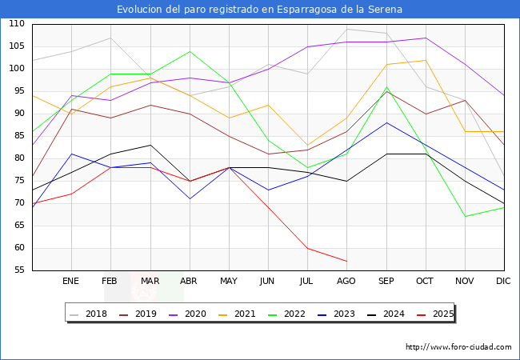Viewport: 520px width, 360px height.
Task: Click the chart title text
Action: click(x=259, y=10)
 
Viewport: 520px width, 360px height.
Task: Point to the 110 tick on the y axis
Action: click(x=16, y=24)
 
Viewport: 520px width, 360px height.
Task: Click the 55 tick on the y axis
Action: click(x=18, y=270)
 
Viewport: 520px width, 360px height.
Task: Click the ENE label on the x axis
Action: click(x=70, y=281)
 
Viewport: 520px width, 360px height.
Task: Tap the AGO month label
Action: click(x=346, y=281)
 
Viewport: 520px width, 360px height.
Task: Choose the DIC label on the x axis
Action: click(x=503, y=281)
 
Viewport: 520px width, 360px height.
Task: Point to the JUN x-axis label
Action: click(x=267, y=281)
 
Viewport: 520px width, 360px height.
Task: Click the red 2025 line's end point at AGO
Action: click(x=346, y=261)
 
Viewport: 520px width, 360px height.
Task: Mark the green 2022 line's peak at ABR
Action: click(x=189, y=51)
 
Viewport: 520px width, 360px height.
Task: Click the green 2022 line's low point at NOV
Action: click(x=464, y=216)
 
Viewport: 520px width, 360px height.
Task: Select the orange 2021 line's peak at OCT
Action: click(x=425, y=60)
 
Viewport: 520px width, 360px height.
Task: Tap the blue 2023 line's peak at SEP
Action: click(x=386, y=122)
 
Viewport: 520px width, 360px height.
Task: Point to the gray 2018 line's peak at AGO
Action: click(x=346, y=29)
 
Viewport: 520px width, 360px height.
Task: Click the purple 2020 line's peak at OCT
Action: click(x=425, y=38)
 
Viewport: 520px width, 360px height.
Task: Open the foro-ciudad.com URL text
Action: click(x=458, y=347)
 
